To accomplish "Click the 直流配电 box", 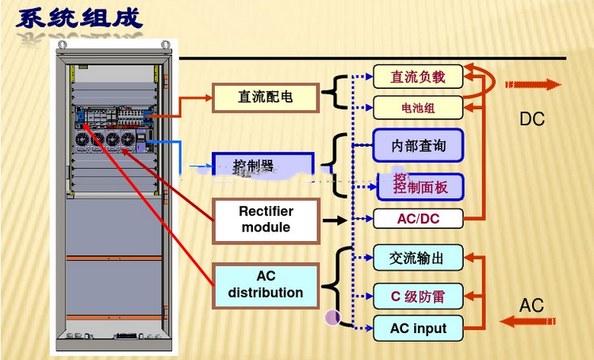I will coord(265,97).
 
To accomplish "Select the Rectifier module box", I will coord(266,220).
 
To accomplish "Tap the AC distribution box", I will coord(266,285).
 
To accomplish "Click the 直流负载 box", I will coord(417,77).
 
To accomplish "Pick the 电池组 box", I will coord(417,107).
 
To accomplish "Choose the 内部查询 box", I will coord(418,145).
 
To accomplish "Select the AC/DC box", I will coord(417,218).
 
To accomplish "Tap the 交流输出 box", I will coord(417,258).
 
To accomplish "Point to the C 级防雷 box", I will coord(417,297).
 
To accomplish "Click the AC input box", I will coord(418,327).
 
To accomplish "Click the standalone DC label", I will coord(532,119).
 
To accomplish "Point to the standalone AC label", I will coord(531,305).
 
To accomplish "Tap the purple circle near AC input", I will coord(333,317).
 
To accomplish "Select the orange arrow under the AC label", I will coord(529,321).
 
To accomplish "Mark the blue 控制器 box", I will coord(262,166).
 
